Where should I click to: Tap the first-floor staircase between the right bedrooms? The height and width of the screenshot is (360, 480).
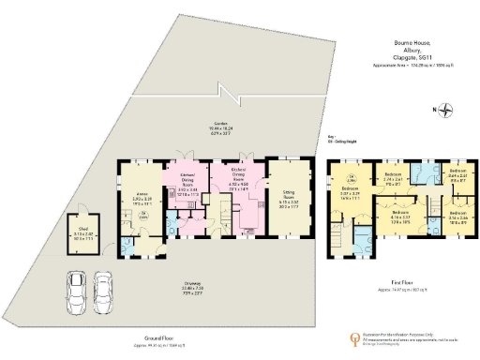click(x=434, y=202)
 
